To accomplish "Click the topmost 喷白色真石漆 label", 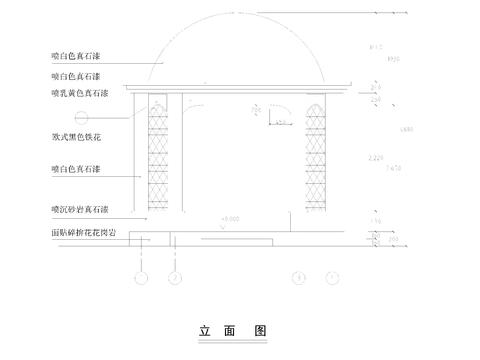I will click(x=81, y=57).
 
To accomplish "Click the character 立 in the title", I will click(x=204, y=329).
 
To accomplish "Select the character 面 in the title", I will click(x=231, y=329).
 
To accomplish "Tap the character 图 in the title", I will click(x=259, y=329).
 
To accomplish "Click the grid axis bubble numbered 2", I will click(x=176, y=275).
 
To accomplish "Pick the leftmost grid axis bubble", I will click(x=141, y=275).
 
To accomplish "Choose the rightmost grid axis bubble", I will click(x=332, y=275).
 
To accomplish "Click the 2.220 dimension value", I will click(x=375, y=158).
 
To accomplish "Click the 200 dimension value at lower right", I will click(x=394, y=240).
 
